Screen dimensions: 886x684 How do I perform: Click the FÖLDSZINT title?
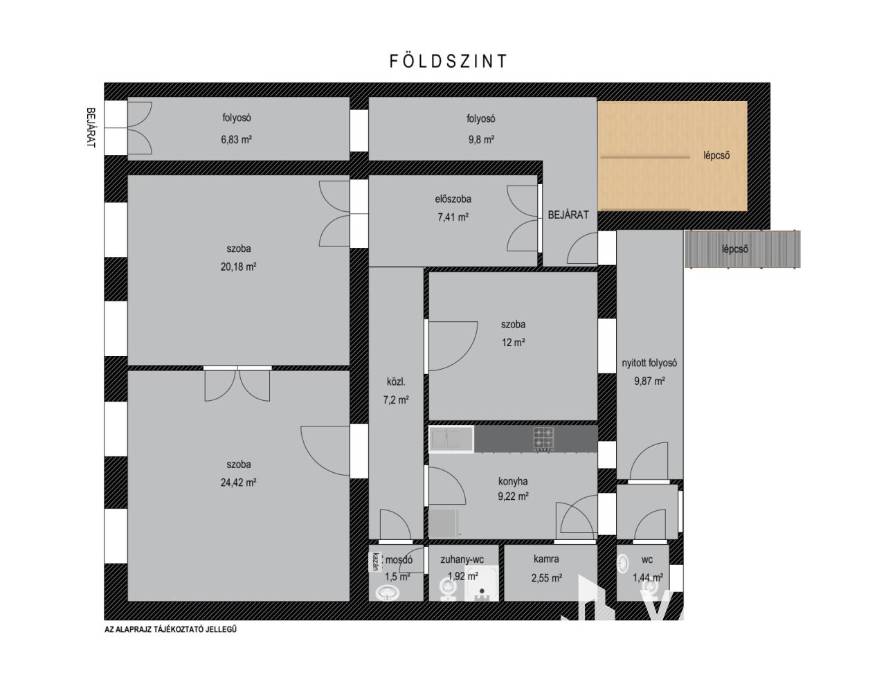(x=448, y=61)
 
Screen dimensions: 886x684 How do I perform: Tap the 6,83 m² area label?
(x=237, y=139)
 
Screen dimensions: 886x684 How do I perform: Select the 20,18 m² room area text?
(x=239, y=267)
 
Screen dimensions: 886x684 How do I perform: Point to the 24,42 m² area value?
(x=239, y=483)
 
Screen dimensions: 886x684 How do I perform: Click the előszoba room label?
(x=453, y=199)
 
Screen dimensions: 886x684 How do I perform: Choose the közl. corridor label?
(x=396, y=382)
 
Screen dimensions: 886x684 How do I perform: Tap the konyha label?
(x=513, y=481)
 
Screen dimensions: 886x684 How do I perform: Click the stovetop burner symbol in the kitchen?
(x=543, y=439)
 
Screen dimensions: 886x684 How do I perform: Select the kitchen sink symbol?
(x=451, y=439)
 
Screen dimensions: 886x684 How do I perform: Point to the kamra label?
(x=546, y=559)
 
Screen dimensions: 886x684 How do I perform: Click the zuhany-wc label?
(x=462, y=559)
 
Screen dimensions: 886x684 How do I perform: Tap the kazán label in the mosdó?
(x=375, y=561)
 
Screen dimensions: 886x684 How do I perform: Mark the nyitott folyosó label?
(x=649, y=363)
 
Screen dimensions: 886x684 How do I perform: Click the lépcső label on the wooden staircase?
(x=716, y=155)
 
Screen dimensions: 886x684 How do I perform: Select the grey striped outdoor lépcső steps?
(x=742, y=249)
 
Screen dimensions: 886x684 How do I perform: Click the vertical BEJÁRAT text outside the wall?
(x=91, y=127)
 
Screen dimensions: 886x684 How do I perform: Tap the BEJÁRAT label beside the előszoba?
(x=568, y=215)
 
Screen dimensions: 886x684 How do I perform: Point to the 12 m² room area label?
(x=514, y=343)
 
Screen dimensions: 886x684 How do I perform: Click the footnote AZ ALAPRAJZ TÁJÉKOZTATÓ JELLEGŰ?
(x=170, y=629)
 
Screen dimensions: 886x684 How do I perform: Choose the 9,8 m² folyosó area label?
(x=481, y=139)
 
